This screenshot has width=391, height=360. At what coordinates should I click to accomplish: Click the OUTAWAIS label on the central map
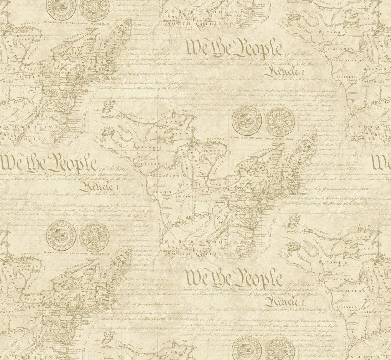pyautogui.click(x=145, y=146)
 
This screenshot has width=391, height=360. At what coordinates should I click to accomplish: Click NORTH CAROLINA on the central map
pyautogui.click(x=195, y=244)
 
